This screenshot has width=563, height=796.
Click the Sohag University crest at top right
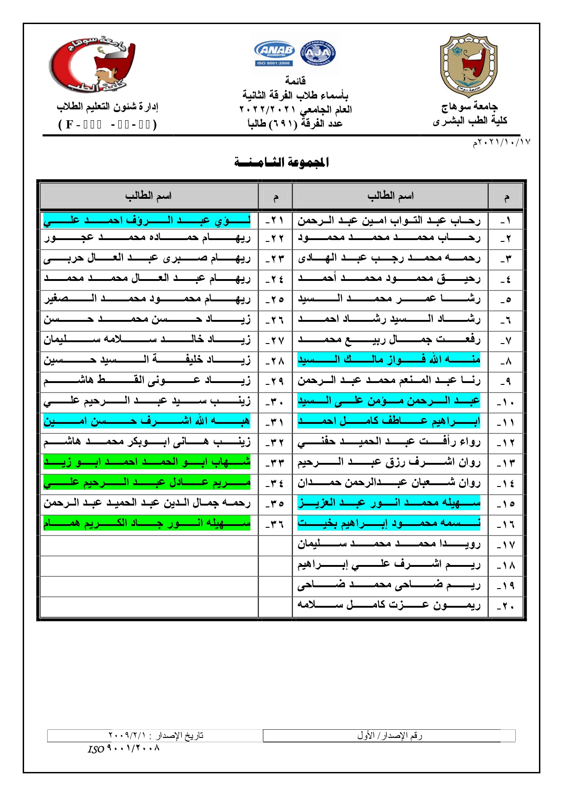(469, 65)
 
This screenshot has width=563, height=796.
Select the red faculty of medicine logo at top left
(93, 64)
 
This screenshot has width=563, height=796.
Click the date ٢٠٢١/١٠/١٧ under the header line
(501, 142)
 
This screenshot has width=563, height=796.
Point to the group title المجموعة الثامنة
(282, 162)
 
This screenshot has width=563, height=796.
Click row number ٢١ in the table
(275, 221)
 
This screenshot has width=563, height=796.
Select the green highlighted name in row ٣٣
(147, 462)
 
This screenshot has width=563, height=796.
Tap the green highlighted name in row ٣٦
(147, 523)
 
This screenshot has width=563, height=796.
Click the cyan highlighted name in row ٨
(389, 360)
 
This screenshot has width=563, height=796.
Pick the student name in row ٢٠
(389, 605)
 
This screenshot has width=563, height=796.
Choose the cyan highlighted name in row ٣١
(147, 421)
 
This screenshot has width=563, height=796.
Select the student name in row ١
(389, 221)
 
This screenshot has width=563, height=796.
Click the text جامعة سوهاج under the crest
(469, 107)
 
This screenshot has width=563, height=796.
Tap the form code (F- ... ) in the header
(108, 124)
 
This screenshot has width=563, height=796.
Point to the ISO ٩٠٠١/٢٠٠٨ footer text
(124, 748)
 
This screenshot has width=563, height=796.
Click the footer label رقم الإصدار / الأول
(389, 735)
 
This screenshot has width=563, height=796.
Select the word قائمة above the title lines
(295, 81)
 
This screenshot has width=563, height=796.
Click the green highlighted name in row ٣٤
(147, 482)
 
